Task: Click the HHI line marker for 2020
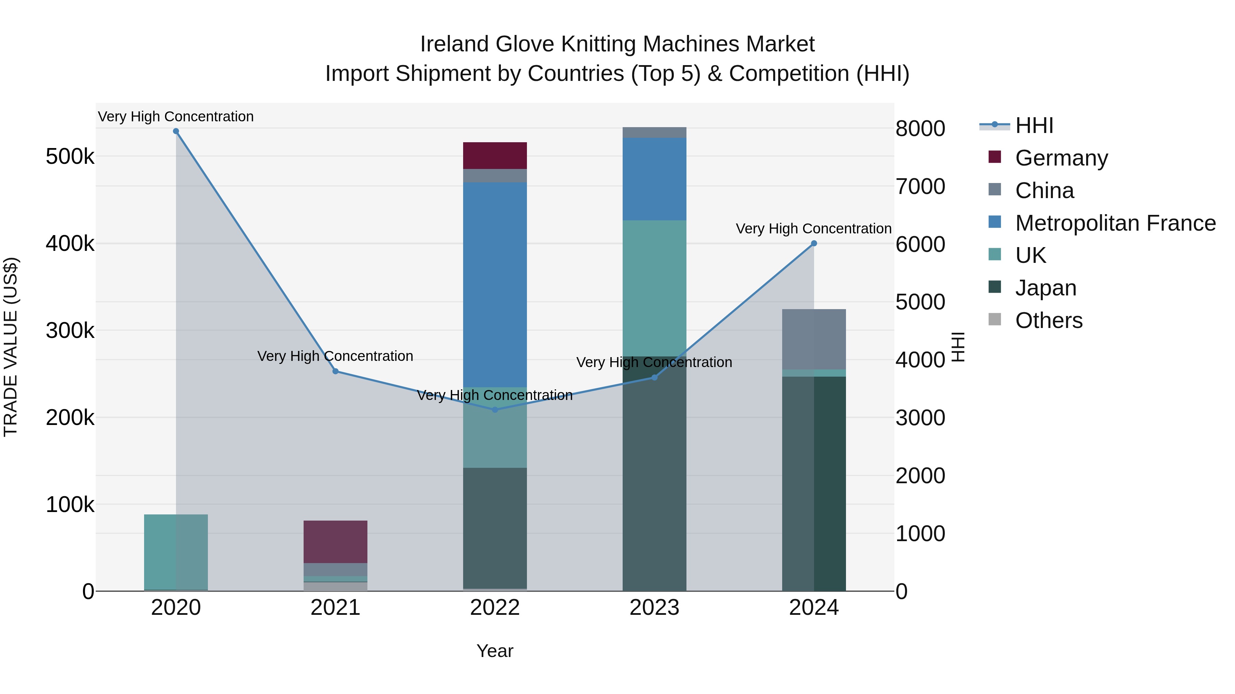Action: (176, 131)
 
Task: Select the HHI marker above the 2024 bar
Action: (814, 243)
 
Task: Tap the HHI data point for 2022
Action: (495, 410)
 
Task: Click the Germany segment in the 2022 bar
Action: (495, 156)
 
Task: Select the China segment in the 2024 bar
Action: (814, 339)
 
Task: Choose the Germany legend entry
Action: (1061, 158)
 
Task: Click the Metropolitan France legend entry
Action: (1115, 223)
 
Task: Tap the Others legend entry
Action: (1048, 320)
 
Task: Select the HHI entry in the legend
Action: (1034, 125)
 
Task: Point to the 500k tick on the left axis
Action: (70, 157)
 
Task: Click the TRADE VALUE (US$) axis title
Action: (11, 347)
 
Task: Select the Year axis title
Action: (495, 651)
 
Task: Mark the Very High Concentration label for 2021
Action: (335, 356)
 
